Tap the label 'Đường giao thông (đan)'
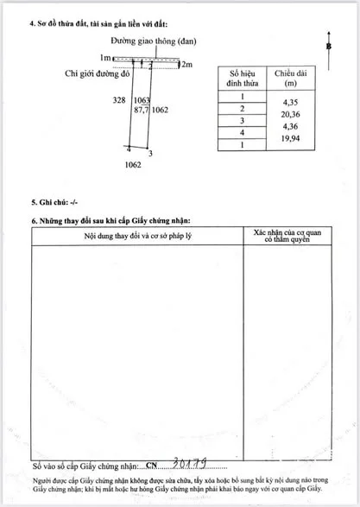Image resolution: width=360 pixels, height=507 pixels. [x=152, y=42]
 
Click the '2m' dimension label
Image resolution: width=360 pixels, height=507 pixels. [x=186, y=64]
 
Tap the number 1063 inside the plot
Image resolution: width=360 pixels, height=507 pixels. [x=142, y=101]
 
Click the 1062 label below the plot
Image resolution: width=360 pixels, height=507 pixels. [x=133, y=163]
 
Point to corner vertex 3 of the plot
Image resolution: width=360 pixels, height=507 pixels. [x=150, y=154]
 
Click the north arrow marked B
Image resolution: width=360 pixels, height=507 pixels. [x=329, y=45]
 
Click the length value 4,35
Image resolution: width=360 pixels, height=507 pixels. [x=285, y=98]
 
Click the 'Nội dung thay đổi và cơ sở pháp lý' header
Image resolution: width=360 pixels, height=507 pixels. [x=136, y=235]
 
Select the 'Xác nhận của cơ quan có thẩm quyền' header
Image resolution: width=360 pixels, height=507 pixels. [x=288, y=237]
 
